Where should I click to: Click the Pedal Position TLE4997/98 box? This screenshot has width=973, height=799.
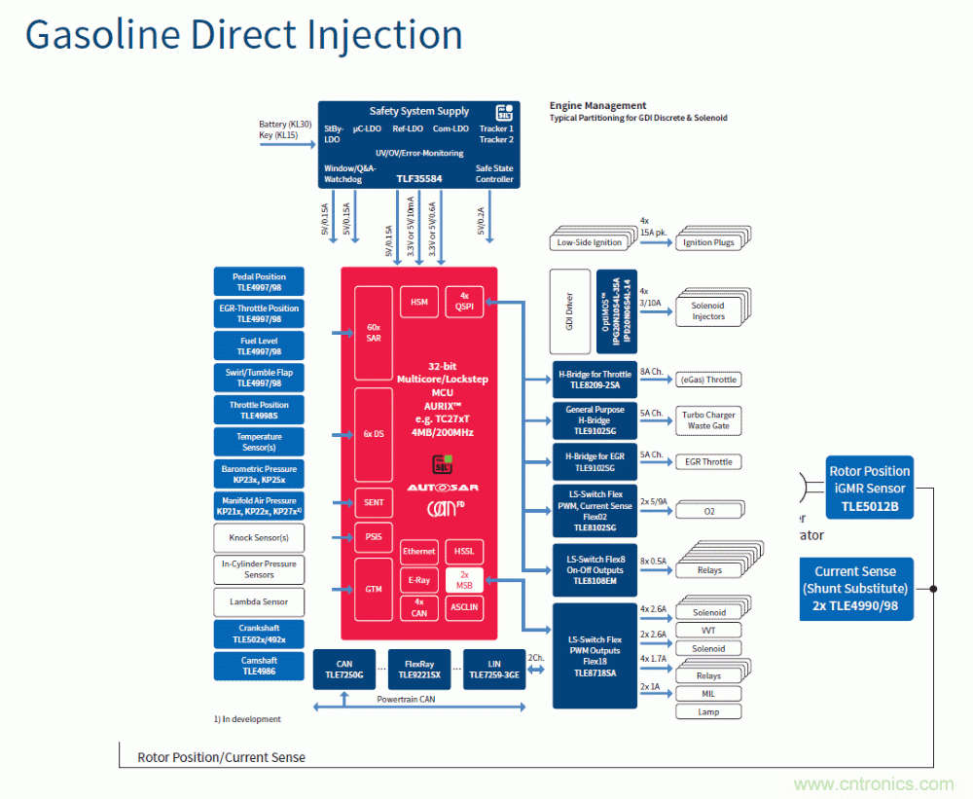tap(259, 282)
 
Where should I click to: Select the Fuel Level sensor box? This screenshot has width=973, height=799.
tap(259, 346)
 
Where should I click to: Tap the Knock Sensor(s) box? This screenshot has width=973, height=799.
tap(259, 538)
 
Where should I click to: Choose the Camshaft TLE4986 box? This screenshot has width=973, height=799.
tap(259, 666)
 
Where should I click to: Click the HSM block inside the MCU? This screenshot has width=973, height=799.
tap(418, 302)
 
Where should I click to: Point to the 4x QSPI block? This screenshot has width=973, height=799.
tap(464, 302)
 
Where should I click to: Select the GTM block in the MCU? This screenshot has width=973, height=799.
tap(374, 589)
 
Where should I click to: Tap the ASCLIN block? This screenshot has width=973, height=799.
tap(464, 607)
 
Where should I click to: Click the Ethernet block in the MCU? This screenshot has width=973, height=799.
tap(418, 552)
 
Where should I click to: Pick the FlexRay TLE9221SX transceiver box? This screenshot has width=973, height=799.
tap(420, 669)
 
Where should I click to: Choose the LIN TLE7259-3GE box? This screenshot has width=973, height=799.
tap(494, 669)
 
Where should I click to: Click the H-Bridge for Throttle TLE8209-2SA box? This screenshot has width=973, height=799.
tap(595, 380)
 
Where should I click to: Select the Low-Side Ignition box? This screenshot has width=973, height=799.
tap(589, 241)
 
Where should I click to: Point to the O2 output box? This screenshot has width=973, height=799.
tap(707, 511)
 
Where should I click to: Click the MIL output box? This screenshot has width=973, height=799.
tap(707, 694)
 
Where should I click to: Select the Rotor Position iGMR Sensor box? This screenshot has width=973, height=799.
tap(869, 489)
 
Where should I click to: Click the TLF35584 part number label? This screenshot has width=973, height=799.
tap(420, 179)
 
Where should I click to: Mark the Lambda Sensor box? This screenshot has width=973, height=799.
tap(259, 601)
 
